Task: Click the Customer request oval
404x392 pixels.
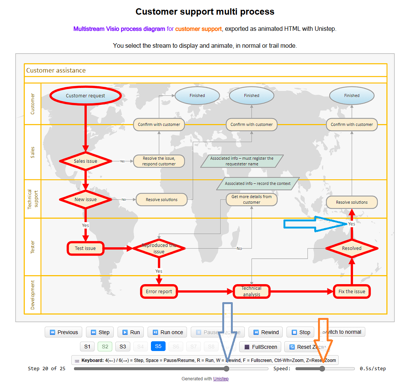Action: [x=86, y=96]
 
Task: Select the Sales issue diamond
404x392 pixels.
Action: [x=86, y=161]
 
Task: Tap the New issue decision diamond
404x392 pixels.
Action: [x=86, y=200]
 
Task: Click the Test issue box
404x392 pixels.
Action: [x=85, y=248]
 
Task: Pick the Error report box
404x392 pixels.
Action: [x=159, y=292]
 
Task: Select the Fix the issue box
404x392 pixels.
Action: [x=352, y=292]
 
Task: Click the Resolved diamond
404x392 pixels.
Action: [x=352, y=248]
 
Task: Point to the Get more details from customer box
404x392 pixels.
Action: [x=252, y=200]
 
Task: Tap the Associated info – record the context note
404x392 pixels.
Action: [x=258, y=184]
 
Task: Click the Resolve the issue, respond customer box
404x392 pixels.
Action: [x=159, y=161]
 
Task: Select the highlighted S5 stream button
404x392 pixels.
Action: [x=158, y=347]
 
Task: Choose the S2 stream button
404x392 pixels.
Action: [x=105, y=347]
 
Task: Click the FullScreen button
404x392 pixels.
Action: [x=261, y=347]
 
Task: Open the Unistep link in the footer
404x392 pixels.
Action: [x=221, y=379]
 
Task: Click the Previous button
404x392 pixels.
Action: [x=64, y=332]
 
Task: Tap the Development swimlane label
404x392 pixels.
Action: [x=32, y=295]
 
